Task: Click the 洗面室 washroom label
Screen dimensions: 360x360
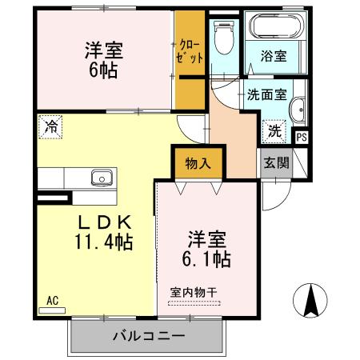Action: (x=266, y=93)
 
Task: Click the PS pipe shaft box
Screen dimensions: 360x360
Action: (x=301, y=137)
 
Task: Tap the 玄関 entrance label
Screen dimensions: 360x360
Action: (x=273, y=163)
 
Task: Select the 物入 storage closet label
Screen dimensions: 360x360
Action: (x=198, y=164)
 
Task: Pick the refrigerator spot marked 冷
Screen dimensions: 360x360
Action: (x=51, y=126)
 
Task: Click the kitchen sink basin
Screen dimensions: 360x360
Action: (x=101, y=178)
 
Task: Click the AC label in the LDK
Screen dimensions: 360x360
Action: (x=52, y=301)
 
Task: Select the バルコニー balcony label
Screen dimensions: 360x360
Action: (x=149, y=335)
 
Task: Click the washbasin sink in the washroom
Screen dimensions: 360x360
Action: (x=298, y=111)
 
